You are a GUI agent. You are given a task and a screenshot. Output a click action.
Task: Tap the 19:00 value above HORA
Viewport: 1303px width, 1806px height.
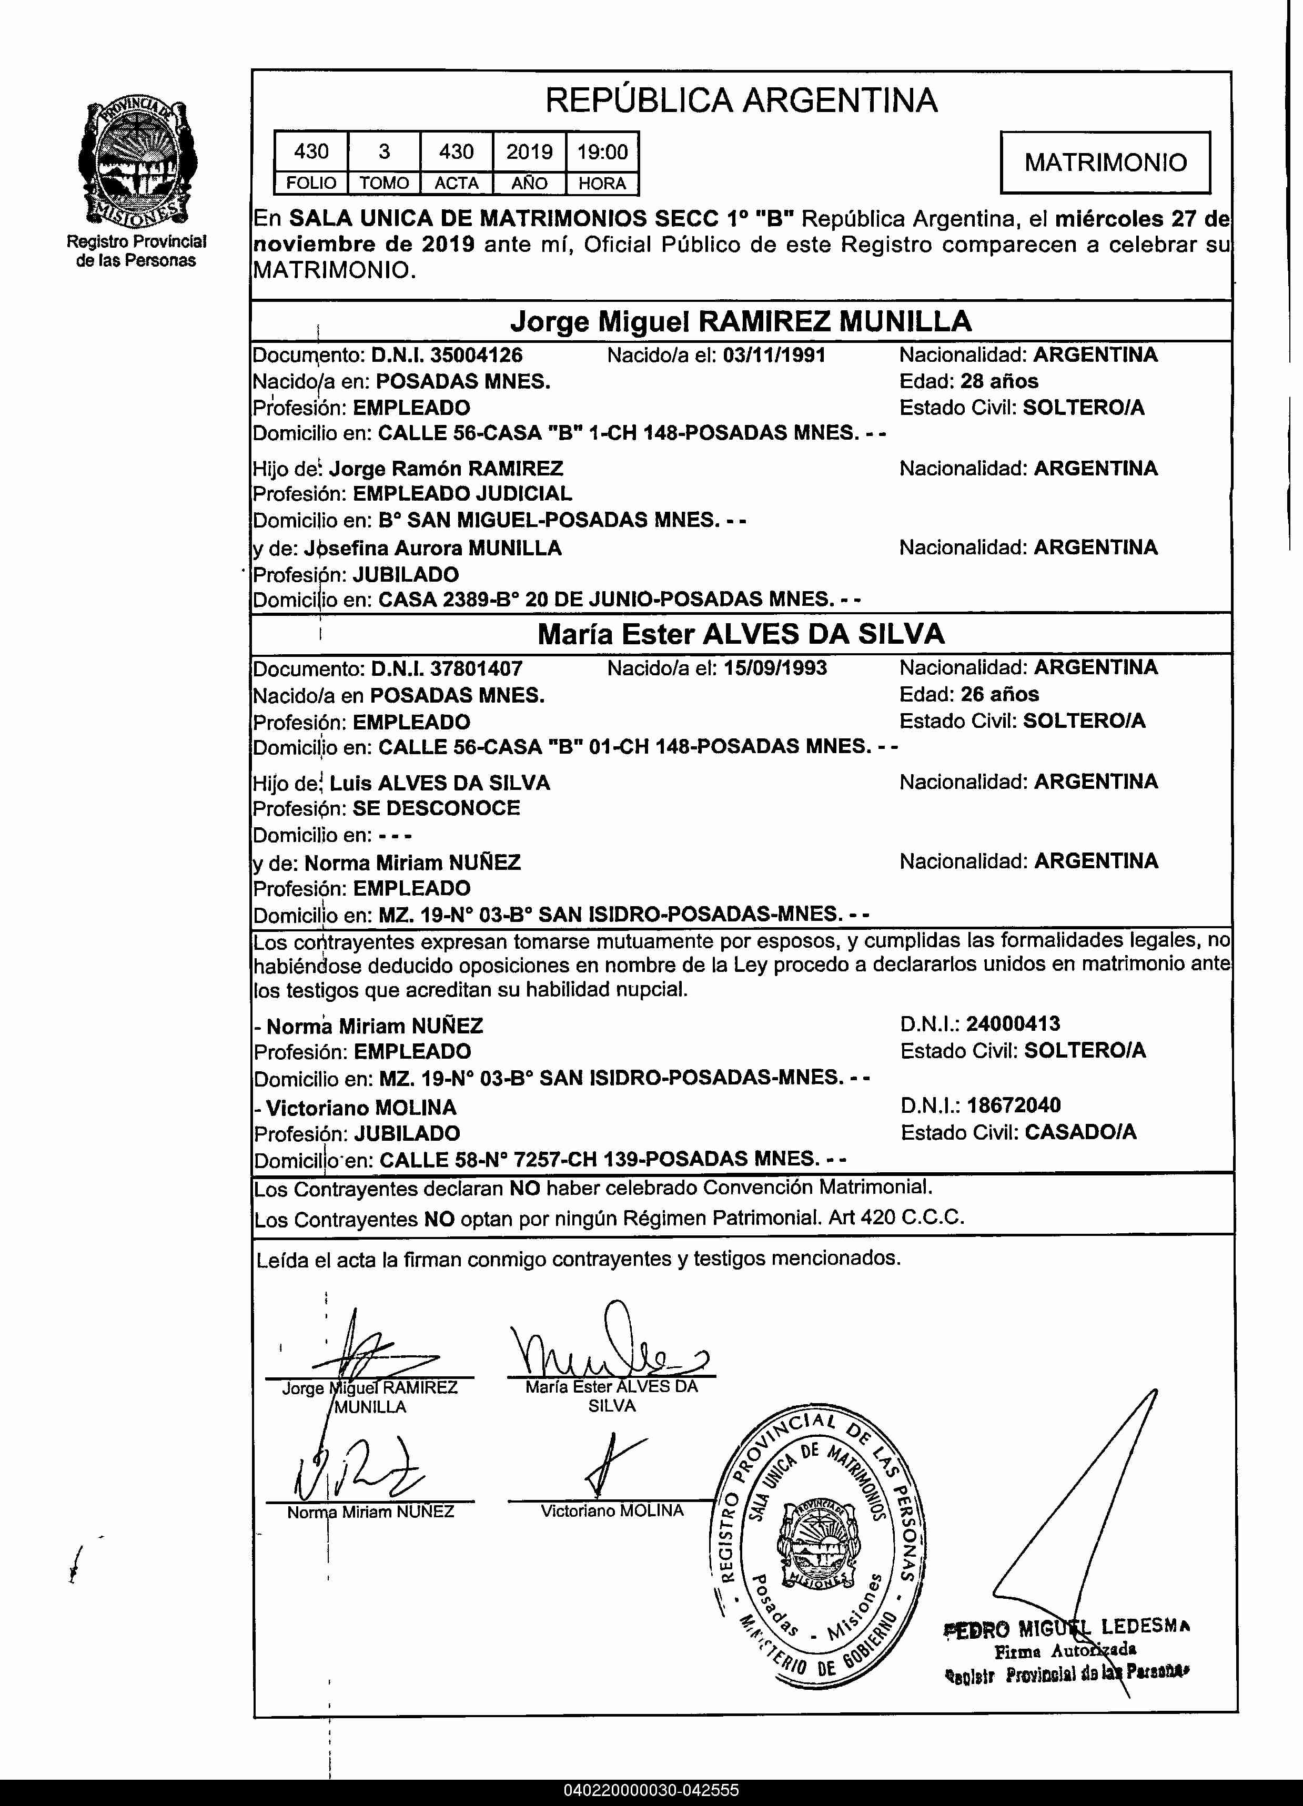[602, 151]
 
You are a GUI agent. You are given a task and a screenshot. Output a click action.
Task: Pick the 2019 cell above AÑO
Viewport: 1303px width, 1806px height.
[530, 151]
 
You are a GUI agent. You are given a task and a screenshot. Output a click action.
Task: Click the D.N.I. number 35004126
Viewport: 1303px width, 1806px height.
[476, 355]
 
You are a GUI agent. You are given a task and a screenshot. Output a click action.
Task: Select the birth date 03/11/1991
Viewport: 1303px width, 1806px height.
[774, 355]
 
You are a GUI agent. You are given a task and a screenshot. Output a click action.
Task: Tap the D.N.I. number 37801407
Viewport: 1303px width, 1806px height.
[476, 668]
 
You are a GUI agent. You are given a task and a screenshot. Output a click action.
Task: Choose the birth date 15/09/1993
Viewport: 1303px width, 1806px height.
[775, 668]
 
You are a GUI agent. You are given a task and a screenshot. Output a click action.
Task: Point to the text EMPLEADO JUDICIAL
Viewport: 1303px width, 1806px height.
[462, 494]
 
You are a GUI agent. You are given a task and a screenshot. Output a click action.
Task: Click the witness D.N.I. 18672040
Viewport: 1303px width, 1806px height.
[1013, 1105]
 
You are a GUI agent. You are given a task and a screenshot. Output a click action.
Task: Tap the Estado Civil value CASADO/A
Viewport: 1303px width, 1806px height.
[1081, 1132]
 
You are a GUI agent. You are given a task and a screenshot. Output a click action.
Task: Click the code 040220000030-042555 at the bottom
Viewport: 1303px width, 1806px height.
[651, 1791]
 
